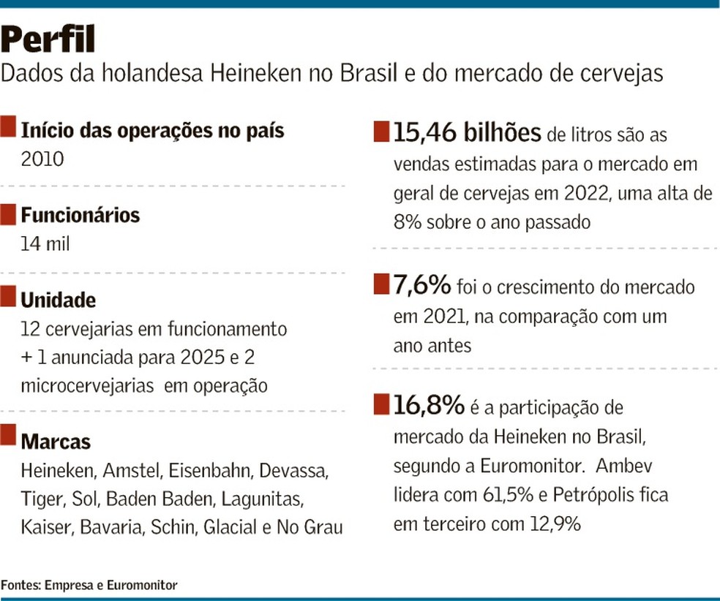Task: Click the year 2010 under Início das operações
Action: coord(43,158)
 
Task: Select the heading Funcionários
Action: coord(80,215)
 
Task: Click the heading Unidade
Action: coord(59,300)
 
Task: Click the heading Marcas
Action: coord(56,442)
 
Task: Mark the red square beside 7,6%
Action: coord(381,284)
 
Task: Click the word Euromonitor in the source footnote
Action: coord(142,585)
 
